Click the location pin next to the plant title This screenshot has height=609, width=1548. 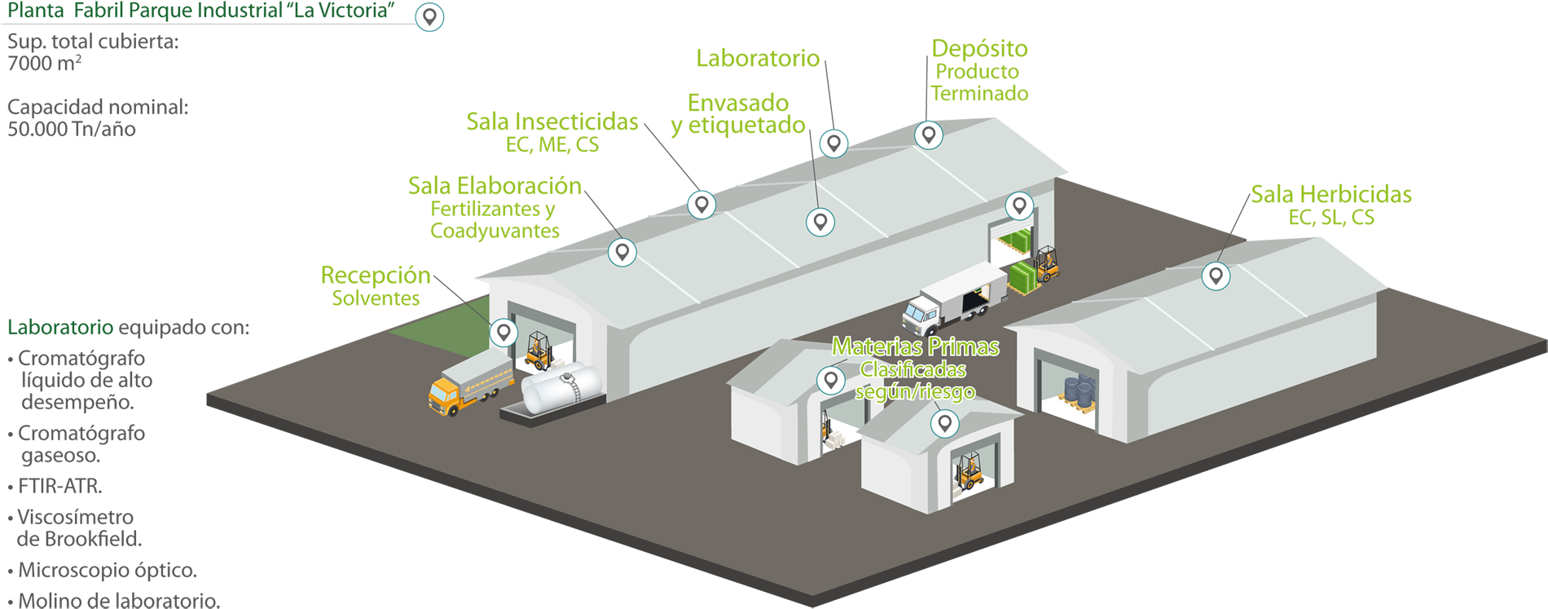429,16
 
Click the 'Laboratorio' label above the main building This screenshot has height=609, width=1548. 758,58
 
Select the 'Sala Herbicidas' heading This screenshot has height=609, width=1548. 1331,194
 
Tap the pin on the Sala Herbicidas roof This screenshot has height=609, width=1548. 1216,276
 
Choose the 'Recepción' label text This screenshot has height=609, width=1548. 376,275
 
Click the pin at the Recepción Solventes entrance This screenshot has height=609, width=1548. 504,332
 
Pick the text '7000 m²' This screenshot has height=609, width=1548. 44,64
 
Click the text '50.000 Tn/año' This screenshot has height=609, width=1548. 72,129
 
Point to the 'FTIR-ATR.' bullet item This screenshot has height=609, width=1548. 59,487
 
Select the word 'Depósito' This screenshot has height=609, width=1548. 979,48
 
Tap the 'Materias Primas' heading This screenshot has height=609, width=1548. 915,347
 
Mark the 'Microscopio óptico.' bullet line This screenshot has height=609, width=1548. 107,570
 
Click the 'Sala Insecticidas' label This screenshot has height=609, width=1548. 552,121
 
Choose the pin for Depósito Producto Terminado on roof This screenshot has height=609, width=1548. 928,134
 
